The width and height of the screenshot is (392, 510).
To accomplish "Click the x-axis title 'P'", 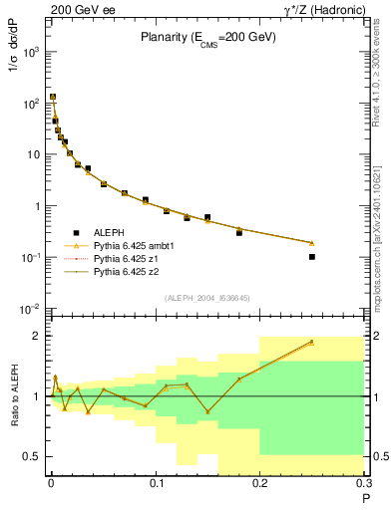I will point(365,495).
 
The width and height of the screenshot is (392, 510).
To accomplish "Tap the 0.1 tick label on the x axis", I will point(156,484).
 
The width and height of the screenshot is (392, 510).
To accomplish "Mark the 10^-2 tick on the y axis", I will point(32,310).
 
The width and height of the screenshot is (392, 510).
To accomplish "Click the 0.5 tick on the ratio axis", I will point(34,456).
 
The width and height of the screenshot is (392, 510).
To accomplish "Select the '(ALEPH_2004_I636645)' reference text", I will point(207,298).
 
